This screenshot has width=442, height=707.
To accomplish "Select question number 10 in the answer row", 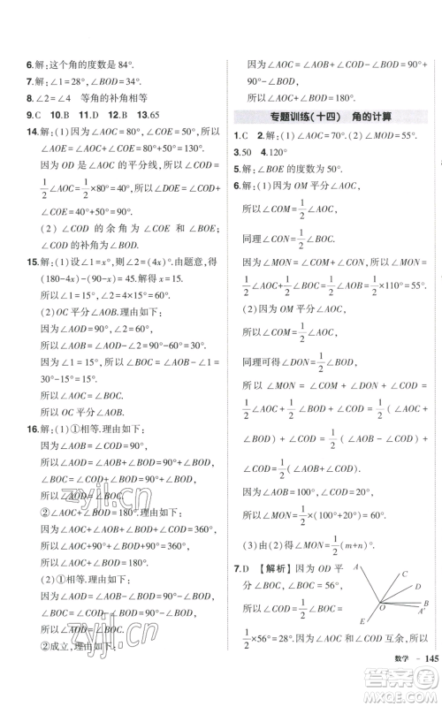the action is [58, 113].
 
